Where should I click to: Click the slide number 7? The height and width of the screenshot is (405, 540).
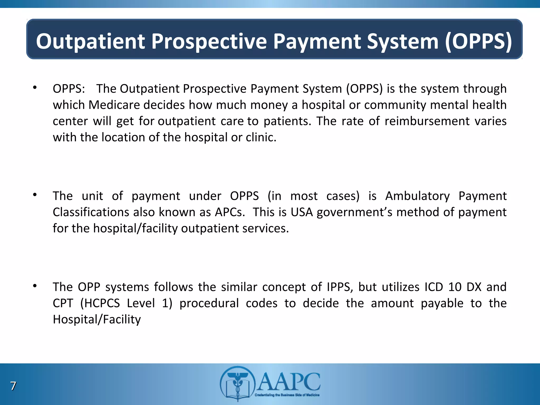13,386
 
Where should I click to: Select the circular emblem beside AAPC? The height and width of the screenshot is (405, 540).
238,383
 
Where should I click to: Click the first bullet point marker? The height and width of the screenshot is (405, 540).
35,88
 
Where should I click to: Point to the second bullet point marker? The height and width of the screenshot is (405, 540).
35,195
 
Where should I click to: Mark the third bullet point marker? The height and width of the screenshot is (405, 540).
35,286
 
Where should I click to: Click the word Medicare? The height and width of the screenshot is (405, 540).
114,105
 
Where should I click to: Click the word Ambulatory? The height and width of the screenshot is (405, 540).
417,196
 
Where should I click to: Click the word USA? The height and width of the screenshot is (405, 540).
301,212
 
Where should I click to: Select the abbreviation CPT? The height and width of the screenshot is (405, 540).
63,303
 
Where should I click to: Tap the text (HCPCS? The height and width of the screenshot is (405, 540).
100,303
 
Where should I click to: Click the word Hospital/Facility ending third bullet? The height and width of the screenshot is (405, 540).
97,320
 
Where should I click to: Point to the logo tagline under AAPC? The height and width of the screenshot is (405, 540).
287,395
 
